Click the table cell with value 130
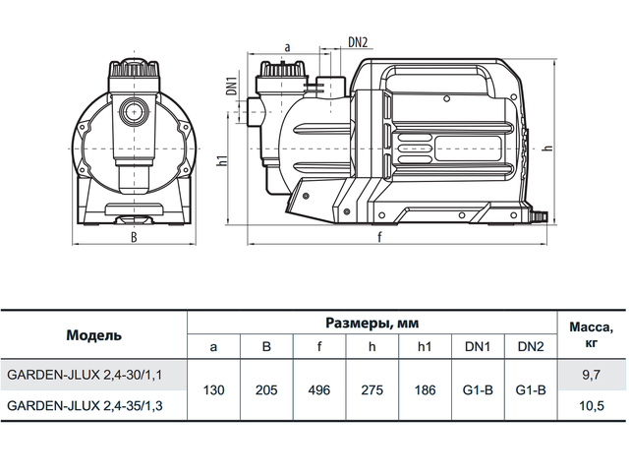(214, 389)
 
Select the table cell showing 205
(266, 389)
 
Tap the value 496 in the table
(319, 389)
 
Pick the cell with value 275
(372, 389)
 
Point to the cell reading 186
(425, 389)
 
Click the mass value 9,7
(592, 375)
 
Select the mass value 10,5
(592, 405)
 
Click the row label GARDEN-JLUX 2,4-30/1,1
(85, 375)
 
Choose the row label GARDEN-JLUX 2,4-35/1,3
(85, 405)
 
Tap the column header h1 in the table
(425, 346)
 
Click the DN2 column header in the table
(531, 346)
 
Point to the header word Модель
(94, 335)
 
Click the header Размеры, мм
(372, 323)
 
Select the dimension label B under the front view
(134, 237)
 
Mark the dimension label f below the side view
(379, 237)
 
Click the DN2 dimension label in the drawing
(358, 42)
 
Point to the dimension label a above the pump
(287, 48)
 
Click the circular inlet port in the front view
(134, 112)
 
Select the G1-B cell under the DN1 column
(478, 389)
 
